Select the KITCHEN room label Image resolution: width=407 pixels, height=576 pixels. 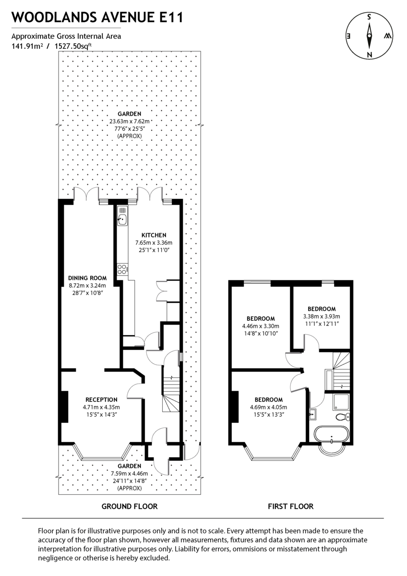154,235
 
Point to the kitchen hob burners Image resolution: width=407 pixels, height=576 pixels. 122,270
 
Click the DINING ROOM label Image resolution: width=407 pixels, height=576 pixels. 87,278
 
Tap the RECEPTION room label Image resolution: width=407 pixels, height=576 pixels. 101,399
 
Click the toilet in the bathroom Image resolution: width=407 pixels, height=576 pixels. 344,416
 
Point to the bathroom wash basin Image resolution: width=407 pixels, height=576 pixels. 314,413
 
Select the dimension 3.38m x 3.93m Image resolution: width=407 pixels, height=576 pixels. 321,316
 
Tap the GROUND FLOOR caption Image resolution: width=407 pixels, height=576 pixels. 130,506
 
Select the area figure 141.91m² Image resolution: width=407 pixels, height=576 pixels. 27,47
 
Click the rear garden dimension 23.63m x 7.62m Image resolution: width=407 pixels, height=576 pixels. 130,121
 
